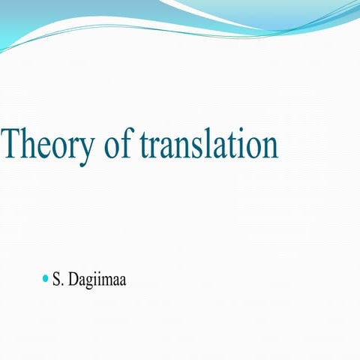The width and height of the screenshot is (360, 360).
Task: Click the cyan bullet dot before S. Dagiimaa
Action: pyautogui.click(x=45, y=279)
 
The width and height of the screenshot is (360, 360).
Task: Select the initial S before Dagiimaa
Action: pyautogui.click(x=56, y=280)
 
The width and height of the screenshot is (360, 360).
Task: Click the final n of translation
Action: pyautogui.click(x=268, y=147)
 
